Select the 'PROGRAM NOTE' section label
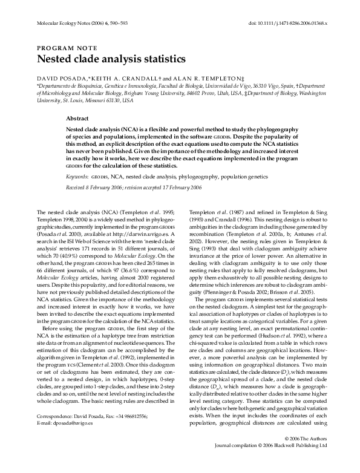(63, 47)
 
